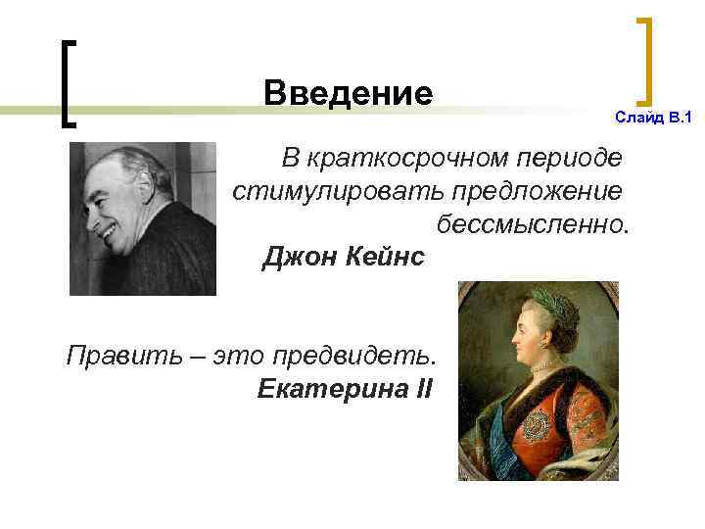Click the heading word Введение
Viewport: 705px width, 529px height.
click(x=348, y=94)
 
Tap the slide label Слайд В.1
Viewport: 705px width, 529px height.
click(x=652, y=118)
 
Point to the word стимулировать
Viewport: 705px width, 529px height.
click(x=314, y=190)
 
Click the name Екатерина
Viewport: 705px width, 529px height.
click(x=322, y=388)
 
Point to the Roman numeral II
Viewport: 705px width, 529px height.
click(x=423, y=388)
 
